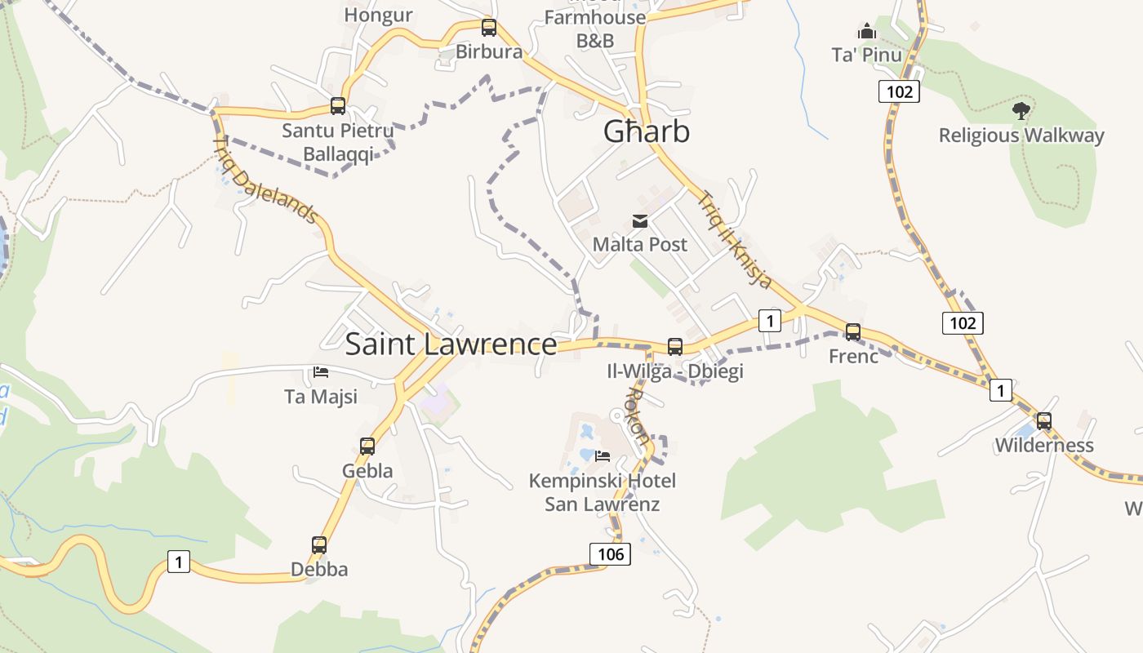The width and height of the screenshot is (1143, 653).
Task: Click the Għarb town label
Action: click(x=647, y=131)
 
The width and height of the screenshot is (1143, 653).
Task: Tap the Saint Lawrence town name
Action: click(x=451, y=344)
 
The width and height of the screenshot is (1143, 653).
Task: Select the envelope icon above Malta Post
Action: click(x=640, y=220)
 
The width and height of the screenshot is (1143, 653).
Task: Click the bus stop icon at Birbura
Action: click(x=489, y=28)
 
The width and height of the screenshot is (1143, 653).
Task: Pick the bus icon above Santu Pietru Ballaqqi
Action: click(x=338, y=105)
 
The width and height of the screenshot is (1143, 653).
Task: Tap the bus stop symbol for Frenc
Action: click(x=853, y=332)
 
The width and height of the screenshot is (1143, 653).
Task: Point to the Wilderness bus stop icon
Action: click(x=1044, y=421)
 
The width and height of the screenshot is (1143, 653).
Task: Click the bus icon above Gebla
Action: click(x=367, y=446)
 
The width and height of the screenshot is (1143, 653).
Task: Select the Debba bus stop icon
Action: click(x=319, y=545)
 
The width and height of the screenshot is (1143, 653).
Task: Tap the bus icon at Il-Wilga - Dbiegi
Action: click(x=675, y=347)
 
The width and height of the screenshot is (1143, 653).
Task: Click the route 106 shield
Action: click(x=610, y=554)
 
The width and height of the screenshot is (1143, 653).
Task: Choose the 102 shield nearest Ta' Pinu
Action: click(x=899, y=91)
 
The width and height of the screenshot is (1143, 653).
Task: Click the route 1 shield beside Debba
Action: click(x=179, y=562)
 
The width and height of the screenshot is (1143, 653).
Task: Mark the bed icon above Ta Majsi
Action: click(x=321, y=372)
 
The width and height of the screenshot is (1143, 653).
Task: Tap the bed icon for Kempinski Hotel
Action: click(x=603, y=455)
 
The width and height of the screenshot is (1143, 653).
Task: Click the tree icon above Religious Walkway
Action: click(x=1021, y=110)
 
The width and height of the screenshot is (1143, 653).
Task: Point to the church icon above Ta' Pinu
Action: click(x=866, y=32)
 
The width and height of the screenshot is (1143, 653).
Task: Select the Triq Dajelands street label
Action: click(x=265, y=180)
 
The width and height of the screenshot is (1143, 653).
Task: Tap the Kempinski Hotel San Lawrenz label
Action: click(x=603, y=492)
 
